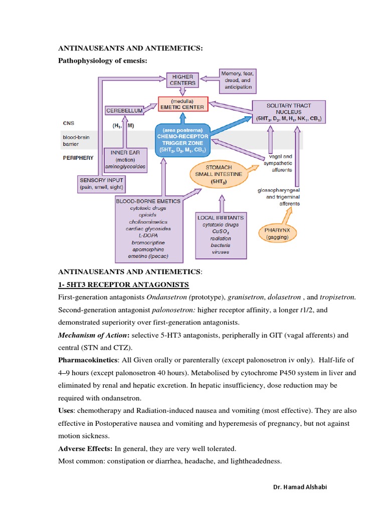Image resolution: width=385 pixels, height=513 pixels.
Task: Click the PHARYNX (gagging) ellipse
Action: click(277, 234)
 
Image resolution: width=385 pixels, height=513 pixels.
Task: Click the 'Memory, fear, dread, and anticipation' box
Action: click(237, 81)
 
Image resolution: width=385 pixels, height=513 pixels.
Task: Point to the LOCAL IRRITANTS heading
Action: click(221, 218)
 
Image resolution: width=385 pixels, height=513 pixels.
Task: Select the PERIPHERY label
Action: click(78, 157)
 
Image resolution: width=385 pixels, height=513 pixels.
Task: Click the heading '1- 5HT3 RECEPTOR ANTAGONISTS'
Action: click(123, 285)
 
